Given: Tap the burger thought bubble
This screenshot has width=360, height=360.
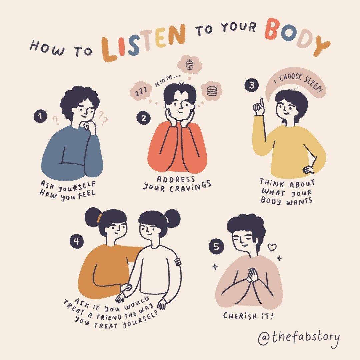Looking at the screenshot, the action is pyautogui.click(x=212, y=91).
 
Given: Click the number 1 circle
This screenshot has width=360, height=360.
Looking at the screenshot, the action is pyautogui.click(x=40, y=116).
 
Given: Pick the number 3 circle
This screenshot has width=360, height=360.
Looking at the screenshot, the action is pyautogui.click(x=252, y=85).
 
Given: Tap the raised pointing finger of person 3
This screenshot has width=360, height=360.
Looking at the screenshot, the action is pyautogui.click(x=262, y=103).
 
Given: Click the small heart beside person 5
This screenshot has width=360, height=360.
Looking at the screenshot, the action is pyautogui.click(x=272, y=247).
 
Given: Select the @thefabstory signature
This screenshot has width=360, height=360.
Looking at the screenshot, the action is pyautogui.click(x=299, y=338).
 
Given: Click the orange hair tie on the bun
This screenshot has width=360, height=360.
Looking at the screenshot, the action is pyautogui.click(x=99, y=218).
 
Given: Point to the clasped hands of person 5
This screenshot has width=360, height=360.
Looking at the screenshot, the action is pyautogui.click(x=252, y=275).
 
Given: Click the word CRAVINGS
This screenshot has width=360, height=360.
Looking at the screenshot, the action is pyautogui.click(x=190, y=187).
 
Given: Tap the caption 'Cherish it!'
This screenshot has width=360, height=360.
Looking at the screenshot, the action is pyautogui.click(x=248, y=316).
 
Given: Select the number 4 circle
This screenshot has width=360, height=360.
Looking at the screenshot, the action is pyautogui.click(x=77, y=241).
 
